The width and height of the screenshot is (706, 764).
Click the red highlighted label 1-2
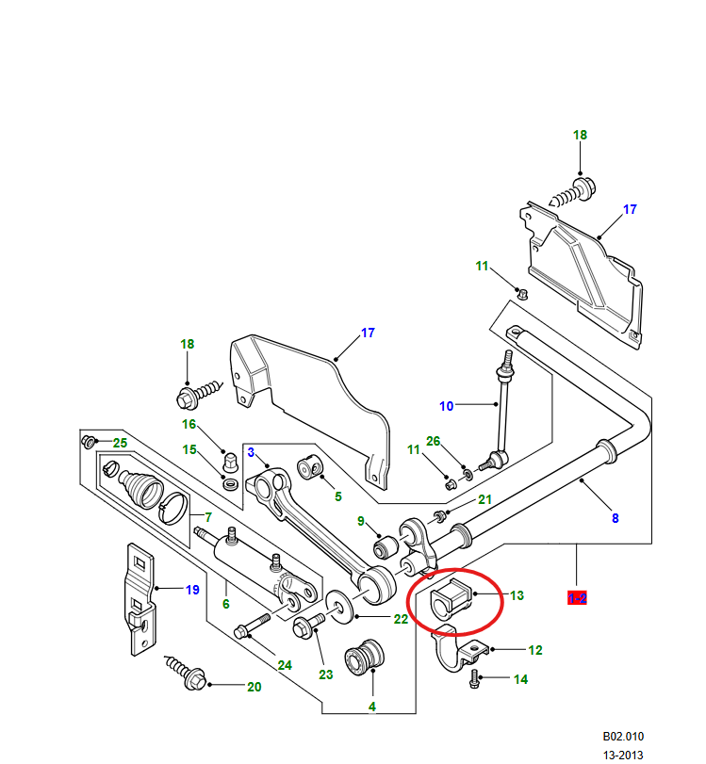coord(576,597)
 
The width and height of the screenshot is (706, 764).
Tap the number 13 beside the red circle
coord(517,595)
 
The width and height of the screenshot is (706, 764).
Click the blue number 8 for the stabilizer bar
coord(615,517)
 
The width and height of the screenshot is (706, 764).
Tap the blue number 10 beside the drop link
coord(446,406)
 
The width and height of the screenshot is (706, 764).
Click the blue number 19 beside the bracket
coord(192,591)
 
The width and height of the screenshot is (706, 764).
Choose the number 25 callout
coord(120,443)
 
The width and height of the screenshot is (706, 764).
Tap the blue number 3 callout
coord(252,452)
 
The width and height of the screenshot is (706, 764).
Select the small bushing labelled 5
coord(310,468)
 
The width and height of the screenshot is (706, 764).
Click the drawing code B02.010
coord(624,737)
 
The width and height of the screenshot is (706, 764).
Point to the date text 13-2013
coord(624,755)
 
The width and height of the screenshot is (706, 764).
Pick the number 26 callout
coord(433,441)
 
